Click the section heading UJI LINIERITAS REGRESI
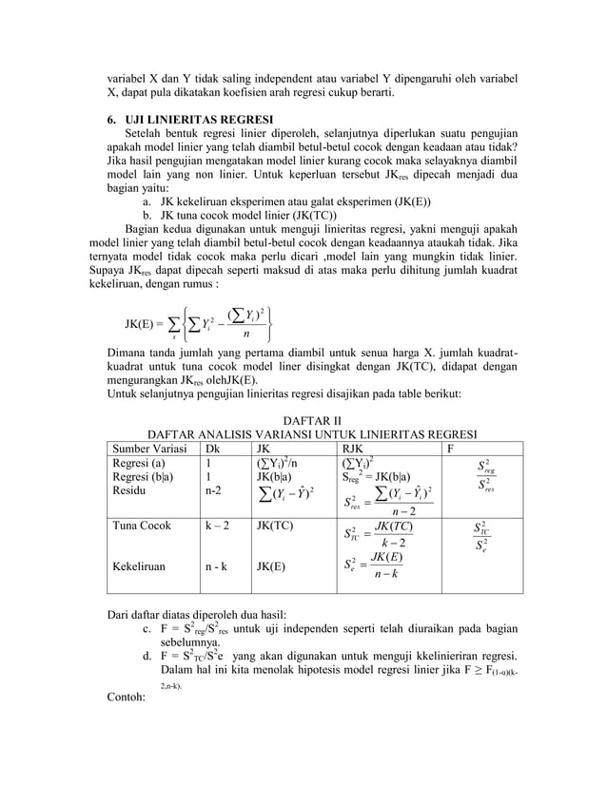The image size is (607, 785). pos(187,121)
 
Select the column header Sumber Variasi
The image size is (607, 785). pos(148,448)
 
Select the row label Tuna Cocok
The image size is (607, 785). pos(142,525)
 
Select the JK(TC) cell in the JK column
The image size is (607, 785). pos(275,525)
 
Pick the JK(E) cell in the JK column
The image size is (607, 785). pos(271,566)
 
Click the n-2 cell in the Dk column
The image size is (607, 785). pos(214,492)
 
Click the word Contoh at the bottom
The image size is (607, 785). pos(131,696)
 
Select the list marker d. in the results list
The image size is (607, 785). pos(147,656)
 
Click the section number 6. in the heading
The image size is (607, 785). pos(111,121)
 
